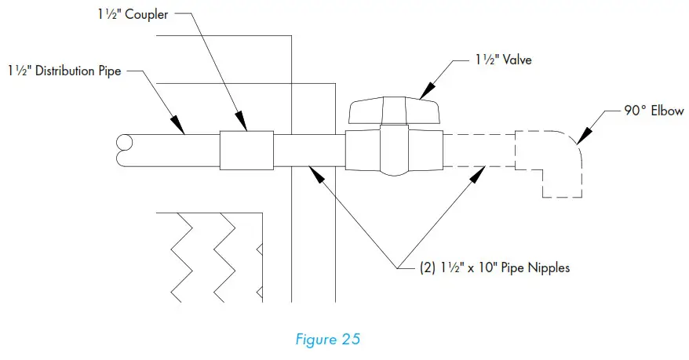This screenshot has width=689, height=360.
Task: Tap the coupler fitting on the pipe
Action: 246,150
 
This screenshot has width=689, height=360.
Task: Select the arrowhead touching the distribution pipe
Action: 178,125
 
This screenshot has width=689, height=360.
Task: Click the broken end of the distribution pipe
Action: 123,151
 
